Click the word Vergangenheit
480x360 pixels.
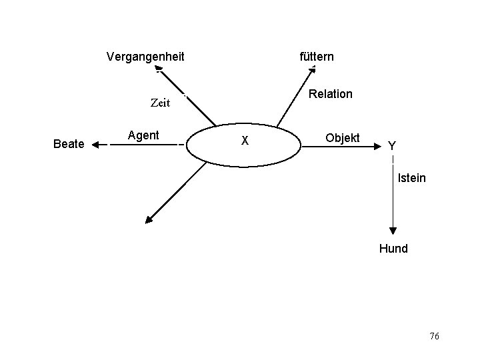click(x=145, y=57)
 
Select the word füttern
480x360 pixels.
click(x=317, y=57)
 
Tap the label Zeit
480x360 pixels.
click(x=161, y=103)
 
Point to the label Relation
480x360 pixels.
click(x=331, y=94)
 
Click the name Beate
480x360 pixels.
click(x=68, y=144)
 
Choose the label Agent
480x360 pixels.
click(x=143, y=135)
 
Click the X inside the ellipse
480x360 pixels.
click(x=245, y=141)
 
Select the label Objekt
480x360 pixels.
click(x=343, y=138)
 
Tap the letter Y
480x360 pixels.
click(x=392, y=145)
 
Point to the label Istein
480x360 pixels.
click(x=411, y=178)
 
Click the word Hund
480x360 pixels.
click(x=393, y=249)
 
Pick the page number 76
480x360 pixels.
click(x=434, y=337)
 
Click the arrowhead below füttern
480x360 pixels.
click(x=313, y=69)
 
